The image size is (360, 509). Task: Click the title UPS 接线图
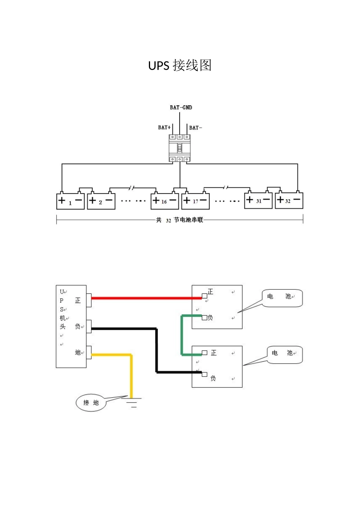(180, 66)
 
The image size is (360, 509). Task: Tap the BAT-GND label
(181, 108)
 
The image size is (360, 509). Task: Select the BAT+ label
(164, 128)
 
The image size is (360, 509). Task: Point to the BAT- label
(196, 128)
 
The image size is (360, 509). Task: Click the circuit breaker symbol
(179, 148)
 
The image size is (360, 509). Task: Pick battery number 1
(70, 200)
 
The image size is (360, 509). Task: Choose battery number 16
(164, 200)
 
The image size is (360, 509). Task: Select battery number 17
(196, 200)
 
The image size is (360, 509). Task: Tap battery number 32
(289, 200)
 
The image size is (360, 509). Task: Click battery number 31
(258, 200)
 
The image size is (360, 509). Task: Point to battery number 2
(101, 200)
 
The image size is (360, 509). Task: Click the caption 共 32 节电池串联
(179, 220)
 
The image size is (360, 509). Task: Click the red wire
(146, 298)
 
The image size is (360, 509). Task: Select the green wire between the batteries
(182, 335)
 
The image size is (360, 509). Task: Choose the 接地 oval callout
(91, 403)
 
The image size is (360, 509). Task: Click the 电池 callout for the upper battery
(282, 298)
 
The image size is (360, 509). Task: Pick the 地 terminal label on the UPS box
(78, 352)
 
